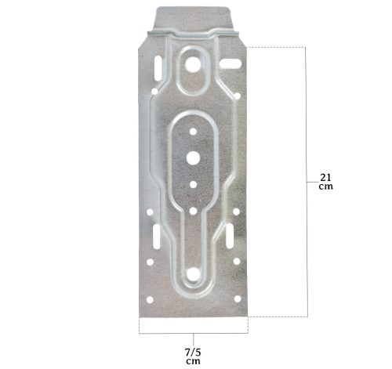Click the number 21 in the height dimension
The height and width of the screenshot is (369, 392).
point(325,178)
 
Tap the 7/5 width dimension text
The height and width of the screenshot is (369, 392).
point(193,353)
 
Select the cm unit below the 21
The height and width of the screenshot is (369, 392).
point(326,186)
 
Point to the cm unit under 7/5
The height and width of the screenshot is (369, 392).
point(194,361)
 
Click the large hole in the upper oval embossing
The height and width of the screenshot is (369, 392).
point(193,64)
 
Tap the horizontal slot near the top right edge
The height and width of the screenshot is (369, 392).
point(230,63)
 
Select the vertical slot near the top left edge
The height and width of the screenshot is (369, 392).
point(158,68)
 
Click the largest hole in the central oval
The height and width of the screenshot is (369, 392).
point(193,157)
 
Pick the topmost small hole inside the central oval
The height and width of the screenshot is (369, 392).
point(193,132)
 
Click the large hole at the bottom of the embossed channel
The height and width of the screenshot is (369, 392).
point(193,274)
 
